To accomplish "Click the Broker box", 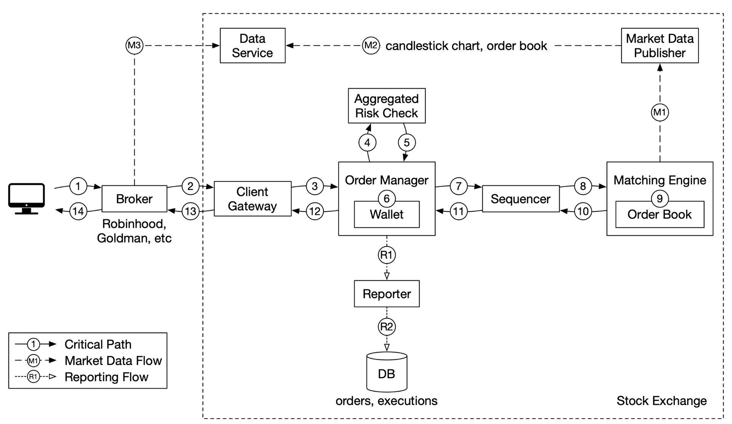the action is [134, 198].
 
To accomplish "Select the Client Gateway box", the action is [252, 198].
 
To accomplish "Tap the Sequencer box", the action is [521, 198].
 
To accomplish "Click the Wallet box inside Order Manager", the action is [387, 214].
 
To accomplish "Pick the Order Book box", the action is [660, 214].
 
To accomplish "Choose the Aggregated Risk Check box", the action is [387, 106].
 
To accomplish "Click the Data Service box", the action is [252, 45].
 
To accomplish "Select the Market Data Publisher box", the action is [660, 45].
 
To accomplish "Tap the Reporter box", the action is [387, 294].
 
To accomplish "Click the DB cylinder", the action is [387, 372].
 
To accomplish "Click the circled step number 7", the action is [459, 186].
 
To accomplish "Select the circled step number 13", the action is [191, 211].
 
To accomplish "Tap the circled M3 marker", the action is [134, 45].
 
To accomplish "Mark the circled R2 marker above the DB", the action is [387, 326].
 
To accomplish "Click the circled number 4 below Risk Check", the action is [367, 142].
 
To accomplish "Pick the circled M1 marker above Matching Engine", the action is [660, 112].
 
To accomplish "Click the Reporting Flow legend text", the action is [106, 377].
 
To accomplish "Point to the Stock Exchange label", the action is [661, 401].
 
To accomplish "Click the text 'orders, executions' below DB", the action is [387, 401].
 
